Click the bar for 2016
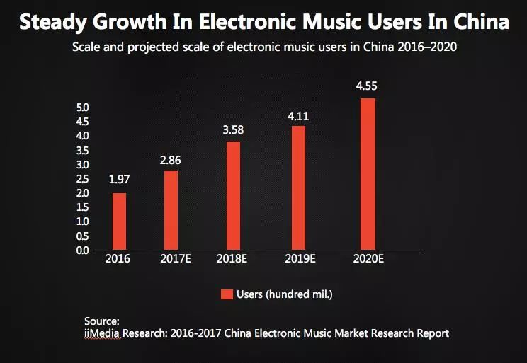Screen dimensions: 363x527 point(120,221)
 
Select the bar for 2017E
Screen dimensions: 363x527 point(171,210)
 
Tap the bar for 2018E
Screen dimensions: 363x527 point(233,195)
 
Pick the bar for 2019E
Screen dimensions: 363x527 point(298,188)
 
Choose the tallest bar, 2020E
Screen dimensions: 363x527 point(368,174)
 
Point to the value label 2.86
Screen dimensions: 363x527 point(171,160)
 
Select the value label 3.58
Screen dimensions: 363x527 point(233,131)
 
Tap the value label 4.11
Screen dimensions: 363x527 point(298,116)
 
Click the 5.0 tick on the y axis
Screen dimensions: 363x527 point(82,108)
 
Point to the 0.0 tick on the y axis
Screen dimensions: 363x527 point(82,250)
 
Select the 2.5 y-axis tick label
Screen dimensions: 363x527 point(82,179)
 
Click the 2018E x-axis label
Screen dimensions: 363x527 point(232,260)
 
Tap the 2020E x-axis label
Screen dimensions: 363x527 point(368,260)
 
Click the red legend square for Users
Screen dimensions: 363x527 point(227,294)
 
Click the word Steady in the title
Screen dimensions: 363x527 point(50,23)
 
